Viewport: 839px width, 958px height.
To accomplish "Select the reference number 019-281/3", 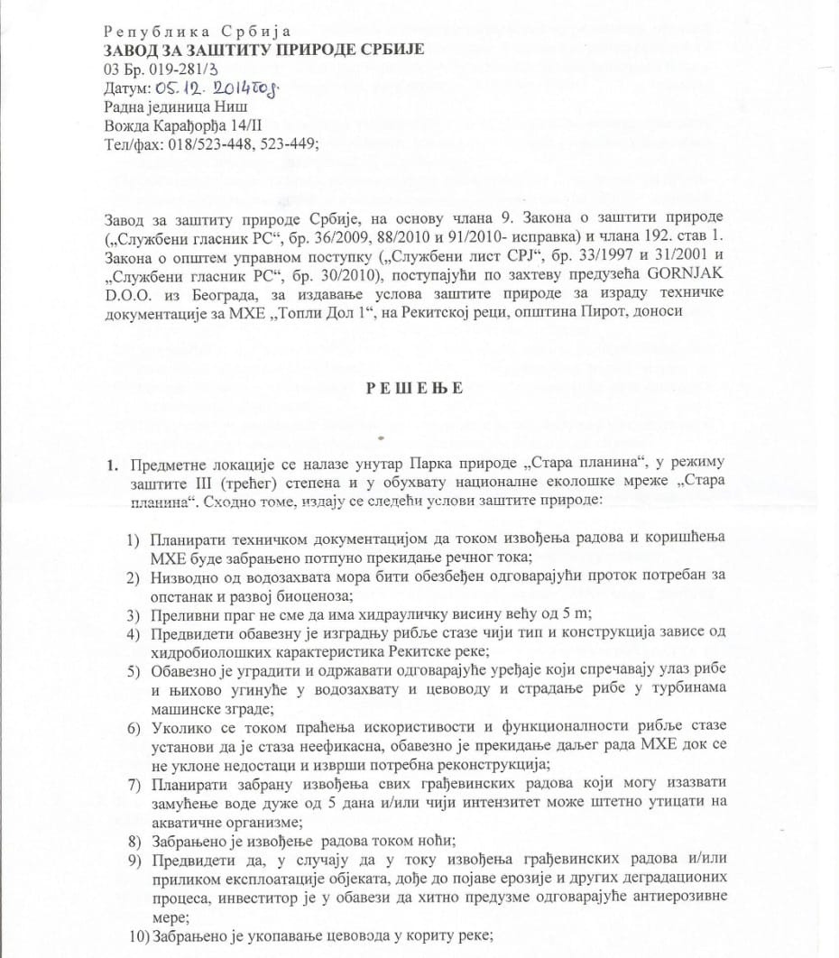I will click(x=176, y=68).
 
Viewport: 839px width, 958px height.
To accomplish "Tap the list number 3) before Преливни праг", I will click(x=133, y=614).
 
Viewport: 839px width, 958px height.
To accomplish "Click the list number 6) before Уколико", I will click(x=133, y=726).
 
